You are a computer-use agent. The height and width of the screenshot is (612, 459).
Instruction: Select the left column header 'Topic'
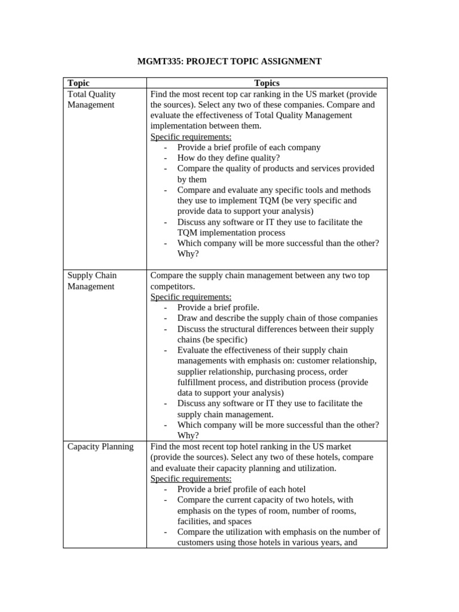(x=78, y=83)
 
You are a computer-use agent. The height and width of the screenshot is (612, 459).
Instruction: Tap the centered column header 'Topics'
(x=267, y=83)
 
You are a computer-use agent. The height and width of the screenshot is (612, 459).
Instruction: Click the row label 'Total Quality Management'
(x=91, y=99)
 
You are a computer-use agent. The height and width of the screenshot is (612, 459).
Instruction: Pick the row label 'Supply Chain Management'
(x=91, y=281)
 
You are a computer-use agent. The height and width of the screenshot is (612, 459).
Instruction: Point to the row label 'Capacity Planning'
(x=100, y=446)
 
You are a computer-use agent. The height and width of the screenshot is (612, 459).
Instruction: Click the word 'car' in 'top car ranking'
(x=256, y=94)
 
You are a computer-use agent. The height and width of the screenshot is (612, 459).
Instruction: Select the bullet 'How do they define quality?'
(x=228, y=158)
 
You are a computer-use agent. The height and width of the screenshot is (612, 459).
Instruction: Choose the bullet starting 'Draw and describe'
(x=277, y=318)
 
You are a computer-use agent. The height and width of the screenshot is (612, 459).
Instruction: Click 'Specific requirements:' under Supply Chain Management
(x=191, y=297)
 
